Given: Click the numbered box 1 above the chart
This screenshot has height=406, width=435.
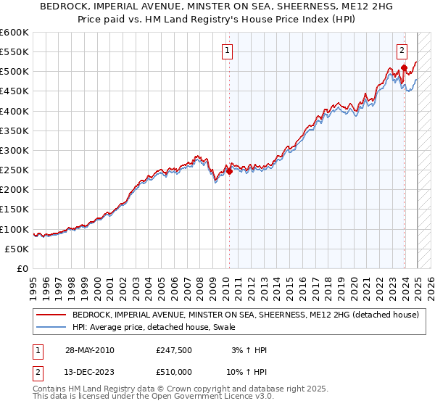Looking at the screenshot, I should (x=228, y=51).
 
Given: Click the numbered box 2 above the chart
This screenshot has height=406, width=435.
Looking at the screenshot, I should (x=402, y=51).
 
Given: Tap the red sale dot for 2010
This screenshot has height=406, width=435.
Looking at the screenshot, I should (x=229, y=172).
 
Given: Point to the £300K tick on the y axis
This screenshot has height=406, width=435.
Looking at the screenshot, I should (x=15, y=150).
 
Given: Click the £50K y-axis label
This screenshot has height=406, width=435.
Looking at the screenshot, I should (x=18, y=249).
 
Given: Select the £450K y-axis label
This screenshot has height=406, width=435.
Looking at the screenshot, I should (x=15, y=91).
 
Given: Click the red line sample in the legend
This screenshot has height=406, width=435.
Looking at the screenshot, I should (x=51, y=315).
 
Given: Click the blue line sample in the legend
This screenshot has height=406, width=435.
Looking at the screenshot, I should (x=51, y=328).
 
